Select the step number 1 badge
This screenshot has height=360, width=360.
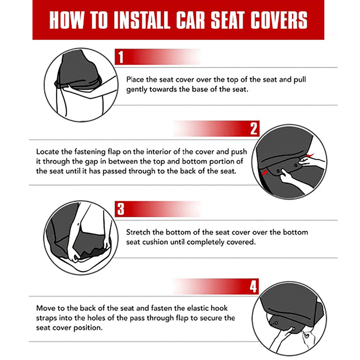pyautogui.click(x=121, y=57)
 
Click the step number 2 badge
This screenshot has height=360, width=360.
pyautogui.click(x=253, y=129)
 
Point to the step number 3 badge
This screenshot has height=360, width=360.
pyautogui.click(x=121, y=209)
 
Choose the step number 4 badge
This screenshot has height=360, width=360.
pyautogui.click(x=253, y=287)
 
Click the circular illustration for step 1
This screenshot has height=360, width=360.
pyautogui.click(x=80, y=85)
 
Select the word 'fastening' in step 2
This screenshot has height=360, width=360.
pyautogui.click(x=89, y=151)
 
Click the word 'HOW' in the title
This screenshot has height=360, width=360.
pyautogui.click(x=66, y=20)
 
